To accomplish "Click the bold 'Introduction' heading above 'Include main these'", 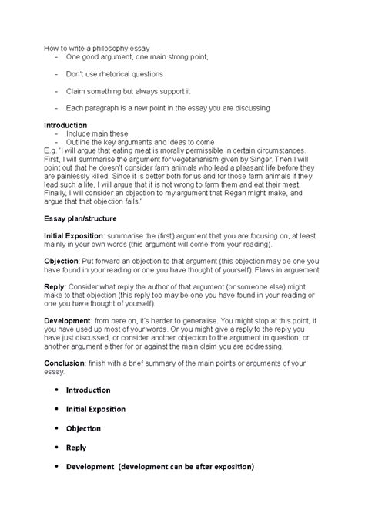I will [x=65, y=125].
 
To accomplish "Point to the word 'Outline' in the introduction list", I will [x=79, y=142].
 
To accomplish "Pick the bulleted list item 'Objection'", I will [x=83, y=427].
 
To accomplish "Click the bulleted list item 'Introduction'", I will [x=88, y=390].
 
